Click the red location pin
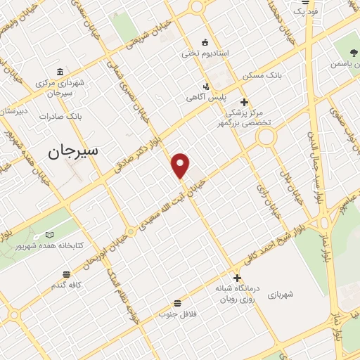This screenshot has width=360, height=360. point(181,165)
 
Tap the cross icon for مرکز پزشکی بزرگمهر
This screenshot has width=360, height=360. point(244,103)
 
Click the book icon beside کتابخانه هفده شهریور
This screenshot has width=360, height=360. point(49,234)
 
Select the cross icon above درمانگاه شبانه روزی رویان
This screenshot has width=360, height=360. point(238,278)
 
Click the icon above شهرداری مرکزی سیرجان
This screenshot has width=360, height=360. point(58,72)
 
